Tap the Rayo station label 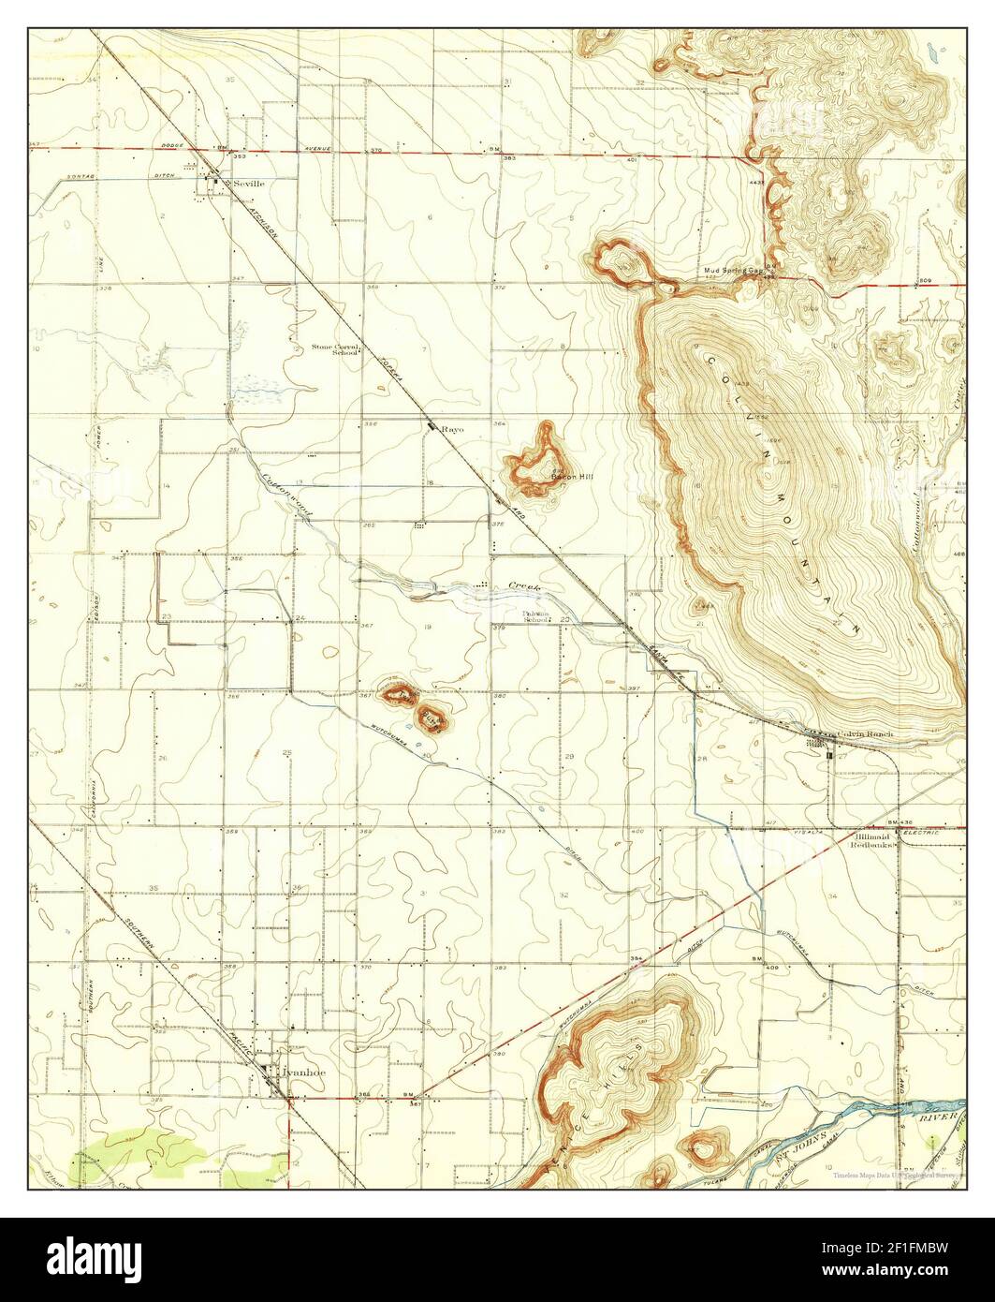[453, 429]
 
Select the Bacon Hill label [572, 477]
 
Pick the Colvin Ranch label [865, 733]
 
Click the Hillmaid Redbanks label [872, 839]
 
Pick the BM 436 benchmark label [899, 821]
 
